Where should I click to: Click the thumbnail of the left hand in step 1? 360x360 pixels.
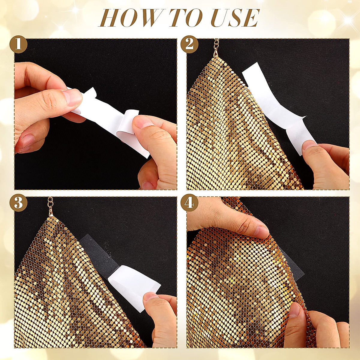72,97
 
